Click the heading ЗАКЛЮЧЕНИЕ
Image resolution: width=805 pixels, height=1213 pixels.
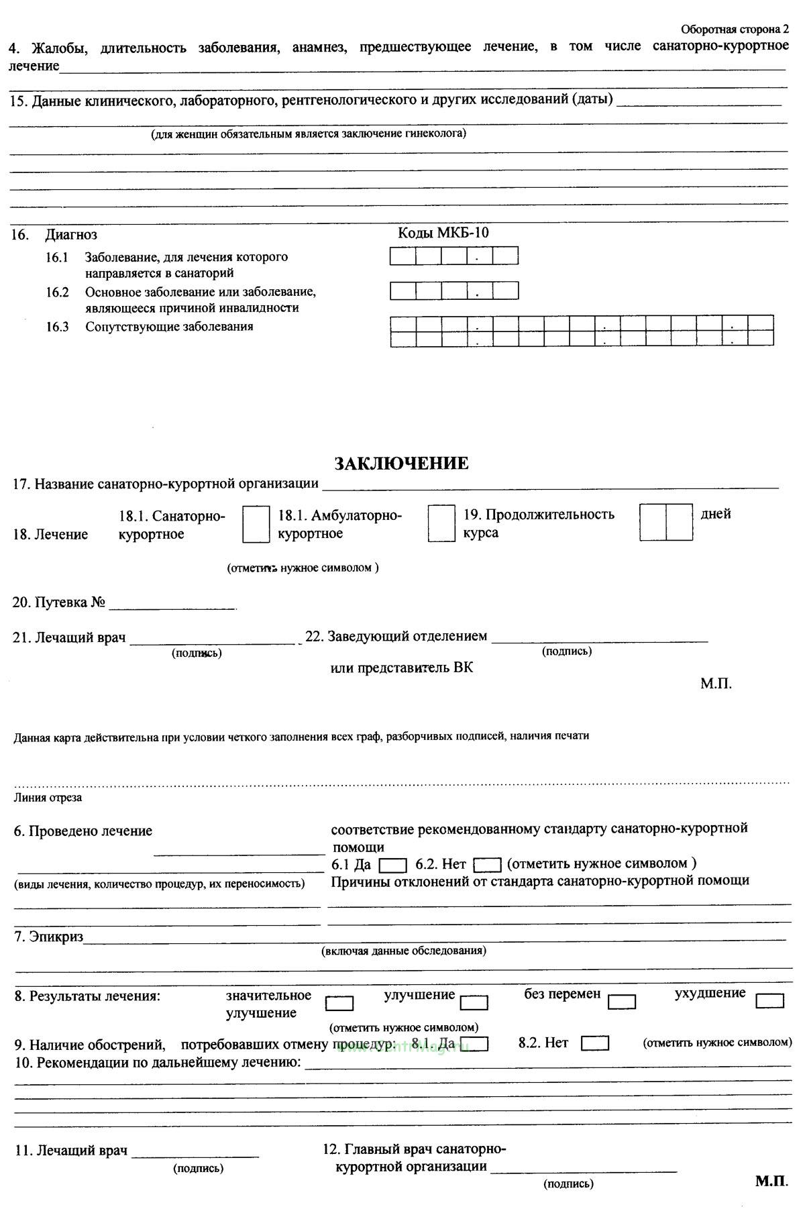[401, 464]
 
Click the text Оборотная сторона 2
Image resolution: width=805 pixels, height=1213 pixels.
[735, 29]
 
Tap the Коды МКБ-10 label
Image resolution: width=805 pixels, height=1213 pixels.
[443, 233]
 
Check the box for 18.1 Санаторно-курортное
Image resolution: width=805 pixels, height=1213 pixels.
[256, 525]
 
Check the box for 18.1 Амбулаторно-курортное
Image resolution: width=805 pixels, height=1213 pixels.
[441, 524]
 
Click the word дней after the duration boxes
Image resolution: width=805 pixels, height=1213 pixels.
[716, 514]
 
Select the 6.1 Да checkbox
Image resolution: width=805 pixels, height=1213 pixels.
[392, 865]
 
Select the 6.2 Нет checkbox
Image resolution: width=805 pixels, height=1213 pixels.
[488, 865]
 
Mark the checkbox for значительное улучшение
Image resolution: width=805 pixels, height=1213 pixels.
[339, 1004]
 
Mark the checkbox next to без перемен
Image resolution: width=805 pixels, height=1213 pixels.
[622, 1002]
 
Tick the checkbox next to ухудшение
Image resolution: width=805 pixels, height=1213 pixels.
[769, 1001]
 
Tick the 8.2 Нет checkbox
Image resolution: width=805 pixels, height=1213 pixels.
[595, 1044]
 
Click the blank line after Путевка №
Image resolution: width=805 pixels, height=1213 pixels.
[172, 606]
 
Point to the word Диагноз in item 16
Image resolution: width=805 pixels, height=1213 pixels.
[71, 235]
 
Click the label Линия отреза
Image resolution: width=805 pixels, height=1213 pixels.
[48, 798]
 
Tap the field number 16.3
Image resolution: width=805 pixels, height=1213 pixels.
[58, 327]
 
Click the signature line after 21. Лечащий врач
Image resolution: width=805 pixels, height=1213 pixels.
[212, 642]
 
